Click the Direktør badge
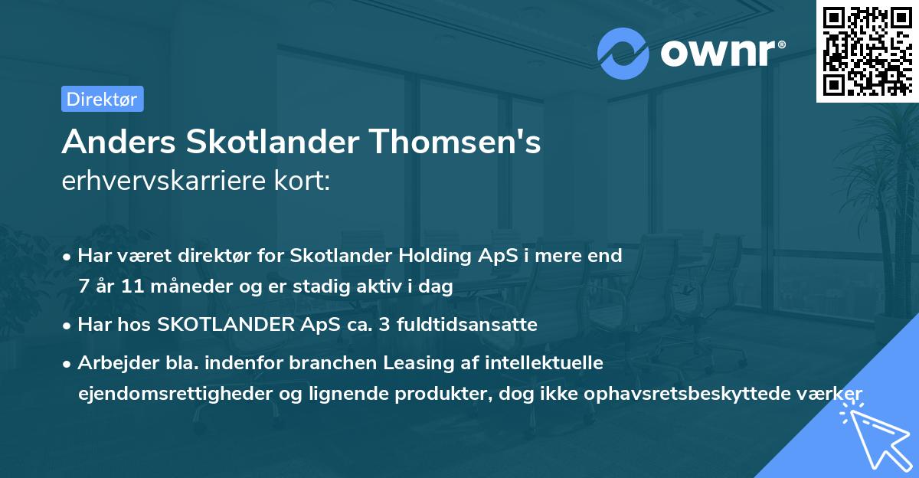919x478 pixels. click(x=102, y=99)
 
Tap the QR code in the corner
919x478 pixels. click(x=867, y=51)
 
